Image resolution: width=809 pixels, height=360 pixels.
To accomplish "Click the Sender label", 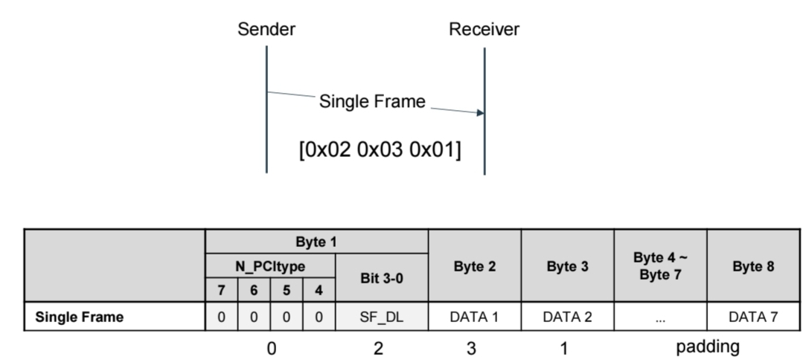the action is coord(266,30).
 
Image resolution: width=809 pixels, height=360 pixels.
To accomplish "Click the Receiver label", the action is coord(484,30).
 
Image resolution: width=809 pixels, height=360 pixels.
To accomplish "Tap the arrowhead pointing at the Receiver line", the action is coord(480,112).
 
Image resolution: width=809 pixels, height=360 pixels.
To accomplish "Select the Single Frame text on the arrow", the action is coord(372,101).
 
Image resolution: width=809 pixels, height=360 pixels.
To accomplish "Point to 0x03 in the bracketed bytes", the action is coord(380,150).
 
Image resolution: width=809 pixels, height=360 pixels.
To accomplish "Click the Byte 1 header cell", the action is coord(316,242).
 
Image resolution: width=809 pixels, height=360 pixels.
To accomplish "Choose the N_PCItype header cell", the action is coord(270,266).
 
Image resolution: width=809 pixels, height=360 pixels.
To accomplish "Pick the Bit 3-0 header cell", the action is coord(382,278).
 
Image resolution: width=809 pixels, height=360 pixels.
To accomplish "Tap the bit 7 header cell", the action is coord(221,290).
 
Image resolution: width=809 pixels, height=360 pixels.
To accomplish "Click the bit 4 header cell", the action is coord(319,290).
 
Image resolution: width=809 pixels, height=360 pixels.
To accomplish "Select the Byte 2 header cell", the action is coord(475,266).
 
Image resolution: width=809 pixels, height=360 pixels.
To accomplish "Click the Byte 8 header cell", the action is coord(753,266).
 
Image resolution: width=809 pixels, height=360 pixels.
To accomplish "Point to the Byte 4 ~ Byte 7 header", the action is coord(660,266).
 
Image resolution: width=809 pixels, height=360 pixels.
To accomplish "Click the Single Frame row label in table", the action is coord(79,317).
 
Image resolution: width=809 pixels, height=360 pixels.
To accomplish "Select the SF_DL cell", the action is coord(382,317).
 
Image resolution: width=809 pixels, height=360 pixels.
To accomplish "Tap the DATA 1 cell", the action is coord(475,317).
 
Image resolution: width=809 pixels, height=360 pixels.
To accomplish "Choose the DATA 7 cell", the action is coord(753,317).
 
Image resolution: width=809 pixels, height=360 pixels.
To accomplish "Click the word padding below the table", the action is coord(708,347).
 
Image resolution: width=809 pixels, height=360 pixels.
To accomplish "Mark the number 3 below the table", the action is coord(471,349).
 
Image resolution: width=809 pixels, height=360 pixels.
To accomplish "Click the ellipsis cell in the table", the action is coord(660,317).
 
